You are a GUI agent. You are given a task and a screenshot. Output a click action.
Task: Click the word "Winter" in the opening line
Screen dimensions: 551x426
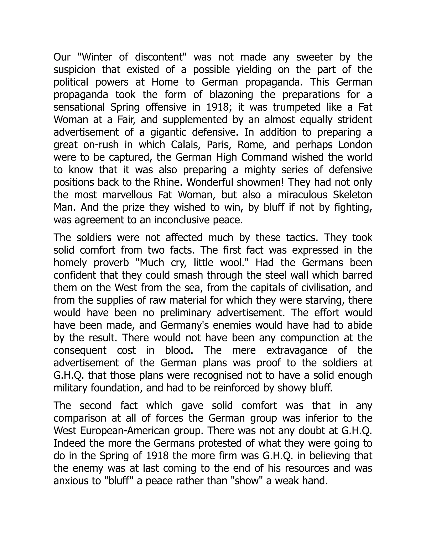point(94,57)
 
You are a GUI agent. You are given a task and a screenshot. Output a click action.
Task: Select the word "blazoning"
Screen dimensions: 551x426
point(231,95)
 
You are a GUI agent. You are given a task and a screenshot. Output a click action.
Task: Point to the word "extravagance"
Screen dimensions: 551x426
point(297,350)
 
